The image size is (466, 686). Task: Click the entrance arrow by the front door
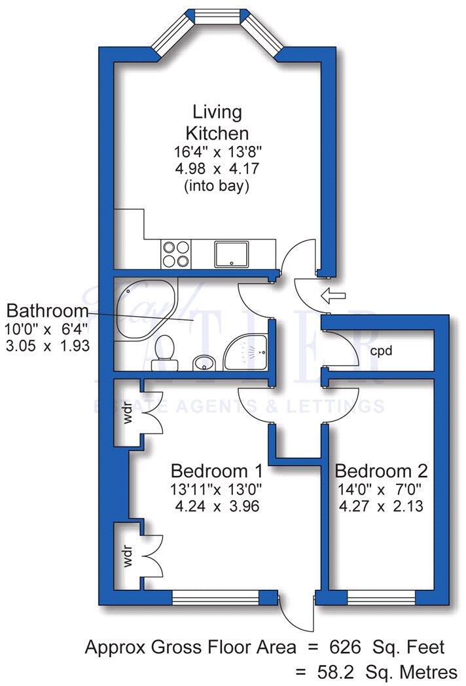click(x=333, y=297)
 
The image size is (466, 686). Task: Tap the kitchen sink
click(x=232, y=253)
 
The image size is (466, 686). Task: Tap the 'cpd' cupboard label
click(x=381, y=351)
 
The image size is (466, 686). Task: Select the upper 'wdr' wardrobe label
click(x=129, y=418)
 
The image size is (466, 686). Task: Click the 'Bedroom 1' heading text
click(x=217, y=471)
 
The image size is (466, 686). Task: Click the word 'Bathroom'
click(x=47, y=310)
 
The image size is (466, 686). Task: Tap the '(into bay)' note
click(x=217, y=186)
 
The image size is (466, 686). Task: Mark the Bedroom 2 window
click(x=381, y=597)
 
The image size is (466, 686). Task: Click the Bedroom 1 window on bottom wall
click(x=215, y=597)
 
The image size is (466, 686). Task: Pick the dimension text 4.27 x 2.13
click(x=381, y=505)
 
